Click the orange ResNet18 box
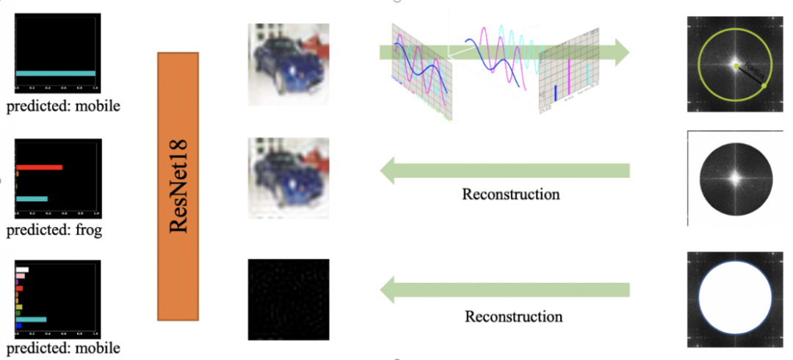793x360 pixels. click(x=178, y=186)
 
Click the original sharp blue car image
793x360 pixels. click(x=289, y=64)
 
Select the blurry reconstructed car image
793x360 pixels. click(x=289, y=178)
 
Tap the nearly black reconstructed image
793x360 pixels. click(x=288, y=299)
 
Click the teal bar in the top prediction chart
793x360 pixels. click(x=55, y=73)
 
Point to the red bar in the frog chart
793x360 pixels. click(x=39, y=168)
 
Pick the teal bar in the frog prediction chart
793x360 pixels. click(x=32, y=198)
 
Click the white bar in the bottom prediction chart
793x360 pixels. click(x=22, y=270)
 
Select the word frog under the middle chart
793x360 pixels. click(x=88, y=231)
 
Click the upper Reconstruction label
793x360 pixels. click(x=510, y=195)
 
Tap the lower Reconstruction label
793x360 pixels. click(x=513, y=317)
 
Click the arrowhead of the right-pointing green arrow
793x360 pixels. click(x=621, y=52)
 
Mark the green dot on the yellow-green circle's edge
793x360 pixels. click(x=764, y=87)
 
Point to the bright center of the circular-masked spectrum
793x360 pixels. click(x=734, y=176)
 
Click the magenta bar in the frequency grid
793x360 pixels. click(x=569, y=89)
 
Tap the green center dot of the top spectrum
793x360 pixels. click(x=735, y=66)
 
